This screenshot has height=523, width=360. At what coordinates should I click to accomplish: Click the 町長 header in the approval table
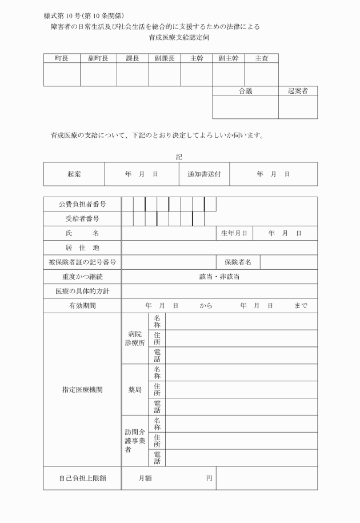point(62,58)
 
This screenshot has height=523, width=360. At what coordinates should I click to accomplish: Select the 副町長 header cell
point(98,58)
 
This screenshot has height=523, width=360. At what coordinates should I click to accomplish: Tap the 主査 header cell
point(262,58)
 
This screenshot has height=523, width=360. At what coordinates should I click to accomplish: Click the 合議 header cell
point(245,91)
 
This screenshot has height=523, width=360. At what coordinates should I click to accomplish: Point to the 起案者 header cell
point(298,91)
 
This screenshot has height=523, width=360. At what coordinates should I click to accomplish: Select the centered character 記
point(180,157)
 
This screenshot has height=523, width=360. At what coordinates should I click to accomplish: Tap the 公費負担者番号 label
point(82,204)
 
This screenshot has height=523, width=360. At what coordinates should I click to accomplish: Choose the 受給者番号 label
point(82,219)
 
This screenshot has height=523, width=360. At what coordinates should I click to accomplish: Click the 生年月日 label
point(234,233)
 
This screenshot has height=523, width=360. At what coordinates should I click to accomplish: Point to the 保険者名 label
point(238,262)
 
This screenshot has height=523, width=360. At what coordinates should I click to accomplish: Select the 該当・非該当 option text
point(219,277)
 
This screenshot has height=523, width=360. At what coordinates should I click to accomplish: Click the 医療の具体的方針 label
point(82,292)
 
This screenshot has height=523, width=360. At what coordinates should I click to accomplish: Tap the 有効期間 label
point(82,306)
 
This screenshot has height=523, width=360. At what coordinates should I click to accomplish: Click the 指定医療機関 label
point(82,390)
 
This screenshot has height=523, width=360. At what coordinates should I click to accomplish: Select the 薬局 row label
point(135,390)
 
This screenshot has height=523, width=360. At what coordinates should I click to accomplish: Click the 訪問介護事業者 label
point(135,441)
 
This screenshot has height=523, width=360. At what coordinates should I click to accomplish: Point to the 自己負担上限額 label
point(82,478)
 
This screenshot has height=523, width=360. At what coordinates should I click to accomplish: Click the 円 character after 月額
point(209,478)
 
